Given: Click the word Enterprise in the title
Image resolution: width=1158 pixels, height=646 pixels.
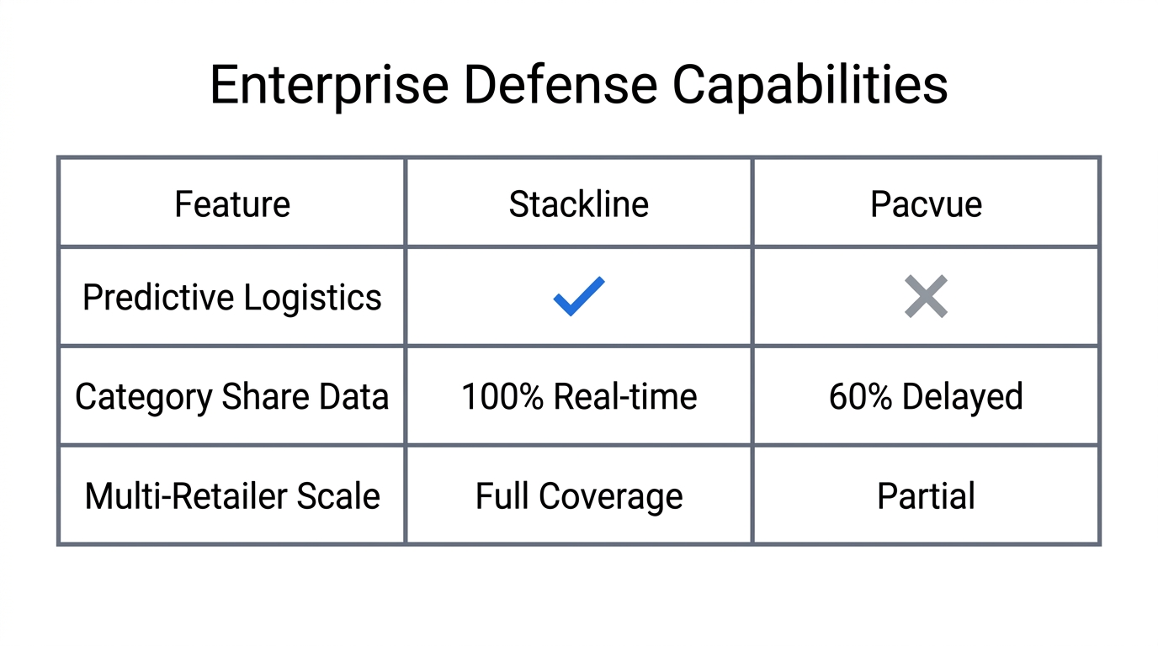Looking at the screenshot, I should click(328, 85).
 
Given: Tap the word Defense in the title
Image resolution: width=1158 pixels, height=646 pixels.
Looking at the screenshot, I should click(560, 85).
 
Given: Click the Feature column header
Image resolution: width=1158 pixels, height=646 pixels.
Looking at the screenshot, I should click(232, 204).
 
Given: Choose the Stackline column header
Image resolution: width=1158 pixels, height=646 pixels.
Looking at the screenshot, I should click(579, 204).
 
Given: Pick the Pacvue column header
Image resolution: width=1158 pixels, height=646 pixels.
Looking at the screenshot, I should click(926, 204).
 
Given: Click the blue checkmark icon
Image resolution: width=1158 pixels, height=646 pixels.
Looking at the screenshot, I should click(579, 296).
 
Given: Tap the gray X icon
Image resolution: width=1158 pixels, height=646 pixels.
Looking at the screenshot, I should click(926, 296).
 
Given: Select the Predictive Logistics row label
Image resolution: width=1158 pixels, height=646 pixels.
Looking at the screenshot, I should click(232, 298).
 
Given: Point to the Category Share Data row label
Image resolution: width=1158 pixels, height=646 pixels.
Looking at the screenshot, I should click(232, 397).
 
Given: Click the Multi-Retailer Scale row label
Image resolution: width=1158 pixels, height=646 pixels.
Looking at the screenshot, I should click(232, 496).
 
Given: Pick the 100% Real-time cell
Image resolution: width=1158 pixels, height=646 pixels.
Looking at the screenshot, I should click(579, 397).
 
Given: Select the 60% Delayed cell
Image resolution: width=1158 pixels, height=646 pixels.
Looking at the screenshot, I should click(926, 397).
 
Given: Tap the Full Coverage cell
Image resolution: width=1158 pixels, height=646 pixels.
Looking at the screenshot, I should click(579, 496).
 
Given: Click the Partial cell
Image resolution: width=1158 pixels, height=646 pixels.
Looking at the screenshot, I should click(926, 496).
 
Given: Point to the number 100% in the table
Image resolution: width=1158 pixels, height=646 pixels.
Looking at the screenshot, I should click(502, 397).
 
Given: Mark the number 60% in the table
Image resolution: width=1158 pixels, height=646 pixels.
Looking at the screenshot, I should click(860, 397).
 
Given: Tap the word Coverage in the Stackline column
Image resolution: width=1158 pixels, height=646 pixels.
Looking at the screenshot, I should click(610, 496).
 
